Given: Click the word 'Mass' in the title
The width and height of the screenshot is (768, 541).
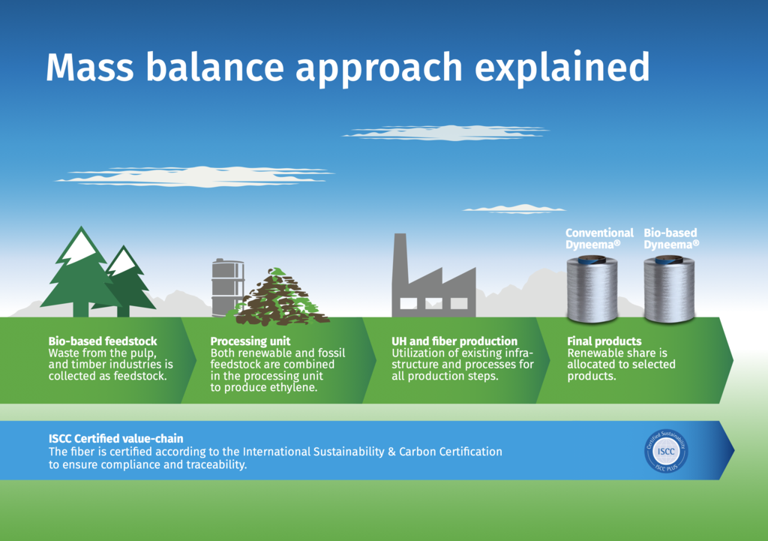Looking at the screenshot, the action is tap(90, 67).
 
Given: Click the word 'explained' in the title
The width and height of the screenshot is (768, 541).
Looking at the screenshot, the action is tap(562, 68).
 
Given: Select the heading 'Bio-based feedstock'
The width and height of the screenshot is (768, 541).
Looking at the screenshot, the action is tap(103, 341).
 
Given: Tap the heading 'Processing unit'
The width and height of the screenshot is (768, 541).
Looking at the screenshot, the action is tap(250, 341).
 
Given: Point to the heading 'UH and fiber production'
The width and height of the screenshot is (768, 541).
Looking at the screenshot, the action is tap(454, 341).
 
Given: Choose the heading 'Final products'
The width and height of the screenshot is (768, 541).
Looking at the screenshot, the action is tap(604, 341).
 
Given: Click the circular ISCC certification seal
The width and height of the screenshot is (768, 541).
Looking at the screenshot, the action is tap(666, 451).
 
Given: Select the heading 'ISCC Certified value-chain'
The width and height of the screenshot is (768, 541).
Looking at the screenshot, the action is tap(116, 439).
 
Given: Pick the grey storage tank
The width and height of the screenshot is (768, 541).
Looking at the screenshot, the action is tap(226, 287).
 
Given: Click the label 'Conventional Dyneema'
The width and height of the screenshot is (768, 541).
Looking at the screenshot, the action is tap(599, 239).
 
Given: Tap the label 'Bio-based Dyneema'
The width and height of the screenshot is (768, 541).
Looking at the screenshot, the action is tap(671, 239).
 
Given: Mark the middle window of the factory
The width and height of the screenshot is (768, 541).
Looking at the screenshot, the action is tap(434, 304).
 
